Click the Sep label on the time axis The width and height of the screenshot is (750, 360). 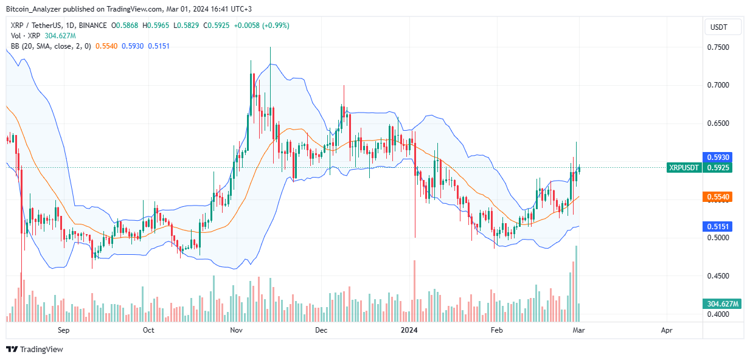(64, 330)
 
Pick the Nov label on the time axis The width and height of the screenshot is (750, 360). (237, 330)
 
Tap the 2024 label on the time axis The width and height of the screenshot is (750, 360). (409, 330)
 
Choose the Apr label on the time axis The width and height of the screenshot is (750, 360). (667, 330)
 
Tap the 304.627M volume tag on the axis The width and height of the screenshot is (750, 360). (723, 304)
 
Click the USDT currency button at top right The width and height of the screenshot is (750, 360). (723, 27)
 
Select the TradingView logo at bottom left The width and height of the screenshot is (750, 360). (35, 349)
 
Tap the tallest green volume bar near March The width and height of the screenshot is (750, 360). (576, 283)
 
